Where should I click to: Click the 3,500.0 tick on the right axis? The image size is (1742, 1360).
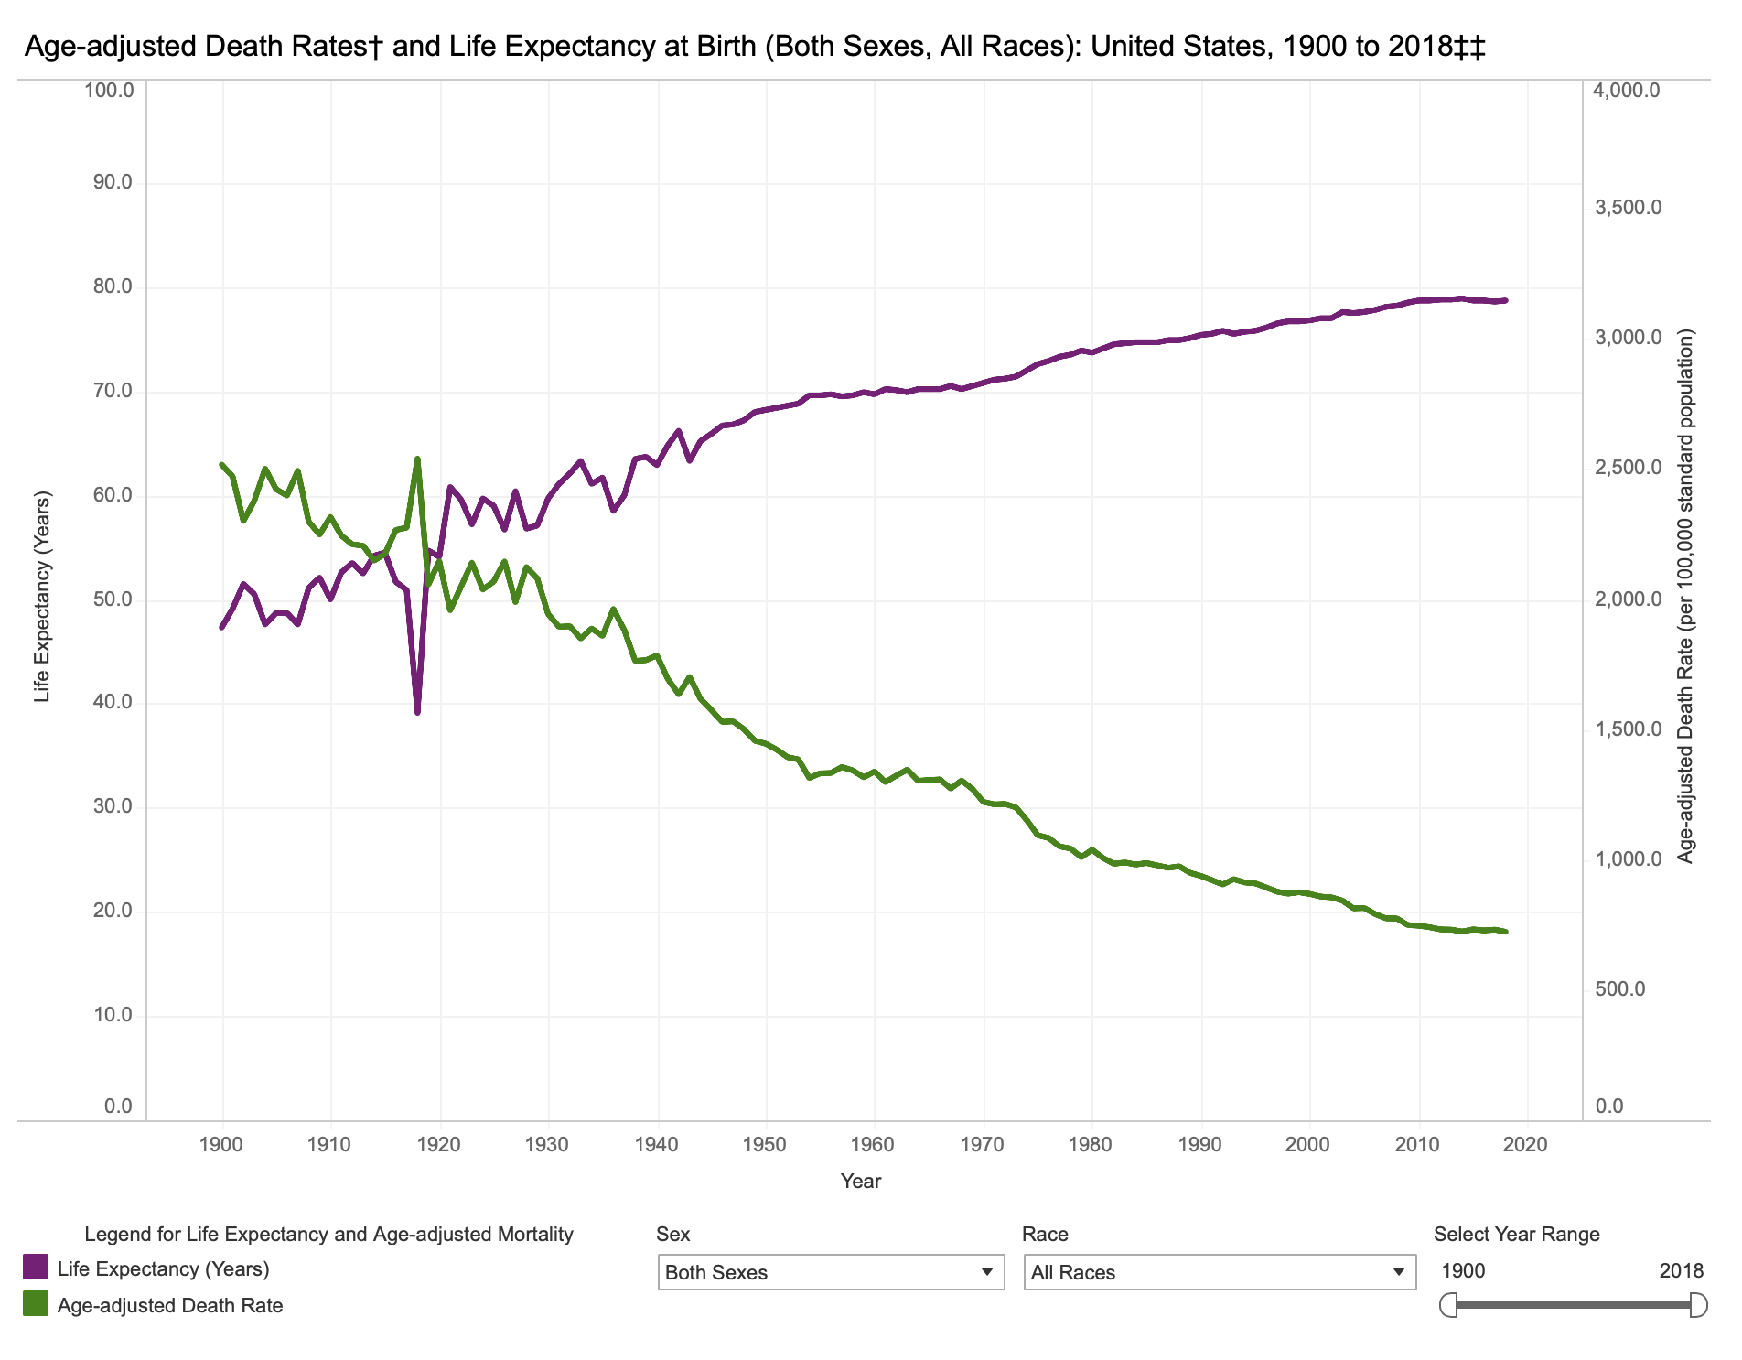click(1628, 208)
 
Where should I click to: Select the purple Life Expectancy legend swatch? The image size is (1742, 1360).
click(36, 1268)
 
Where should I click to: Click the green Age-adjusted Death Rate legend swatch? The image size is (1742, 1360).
click(36, 1304)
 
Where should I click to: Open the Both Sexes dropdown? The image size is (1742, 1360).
click(831, 1272)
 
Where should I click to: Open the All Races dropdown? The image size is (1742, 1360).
click(1220, 1272)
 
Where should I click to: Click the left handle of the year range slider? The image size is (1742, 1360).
click(1447, 1305)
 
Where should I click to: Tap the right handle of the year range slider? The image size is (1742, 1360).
click(1698, 1305)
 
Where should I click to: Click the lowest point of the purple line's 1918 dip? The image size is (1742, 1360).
click(417, 712)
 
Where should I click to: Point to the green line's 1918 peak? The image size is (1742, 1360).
click(417, 459)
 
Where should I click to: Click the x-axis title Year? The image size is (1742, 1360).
click(861, 1182)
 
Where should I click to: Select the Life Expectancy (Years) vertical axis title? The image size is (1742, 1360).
click(42, 597)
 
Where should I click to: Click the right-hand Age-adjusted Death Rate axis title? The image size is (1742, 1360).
click(1685, 596)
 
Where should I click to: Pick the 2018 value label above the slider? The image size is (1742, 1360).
click(1682, 1270)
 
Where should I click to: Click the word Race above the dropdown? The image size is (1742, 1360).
click(1045, 1234)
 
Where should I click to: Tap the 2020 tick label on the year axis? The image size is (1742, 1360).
click(1526, 1144)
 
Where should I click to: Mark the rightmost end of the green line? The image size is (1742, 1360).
click(1505, 932)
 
